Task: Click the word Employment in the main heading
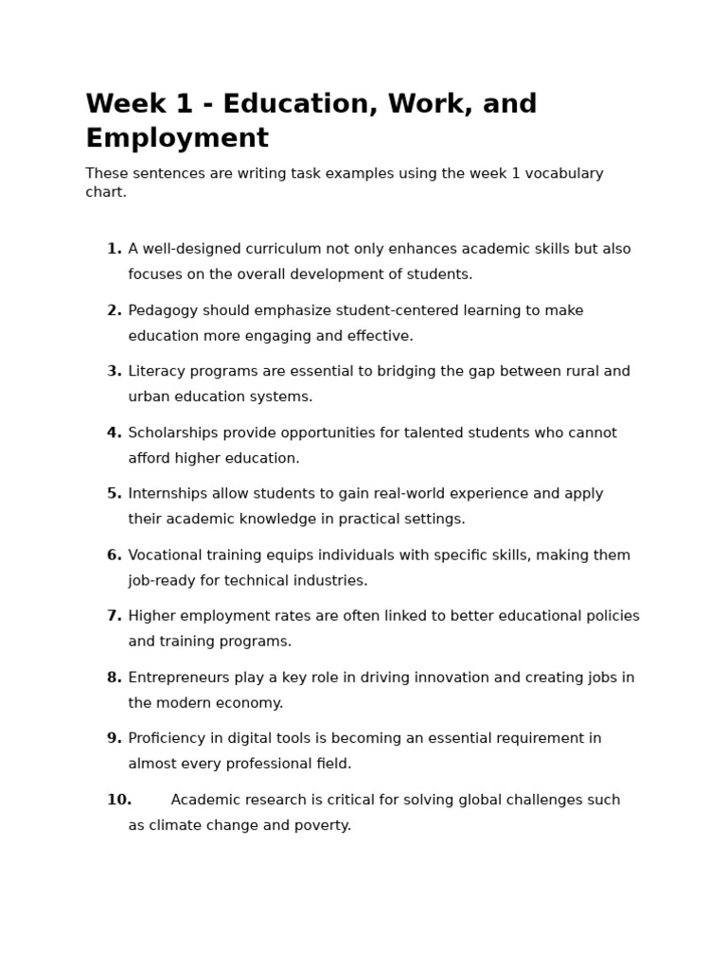point(177,138)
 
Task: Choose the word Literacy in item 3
point(156,371)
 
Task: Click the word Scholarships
point(172,432)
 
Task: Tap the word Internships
point(166,493)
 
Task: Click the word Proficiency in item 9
point(168,738)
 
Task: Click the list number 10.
point(118,800)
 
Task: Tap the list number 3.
point(114,371)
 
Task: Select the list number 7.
point(114,616)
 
